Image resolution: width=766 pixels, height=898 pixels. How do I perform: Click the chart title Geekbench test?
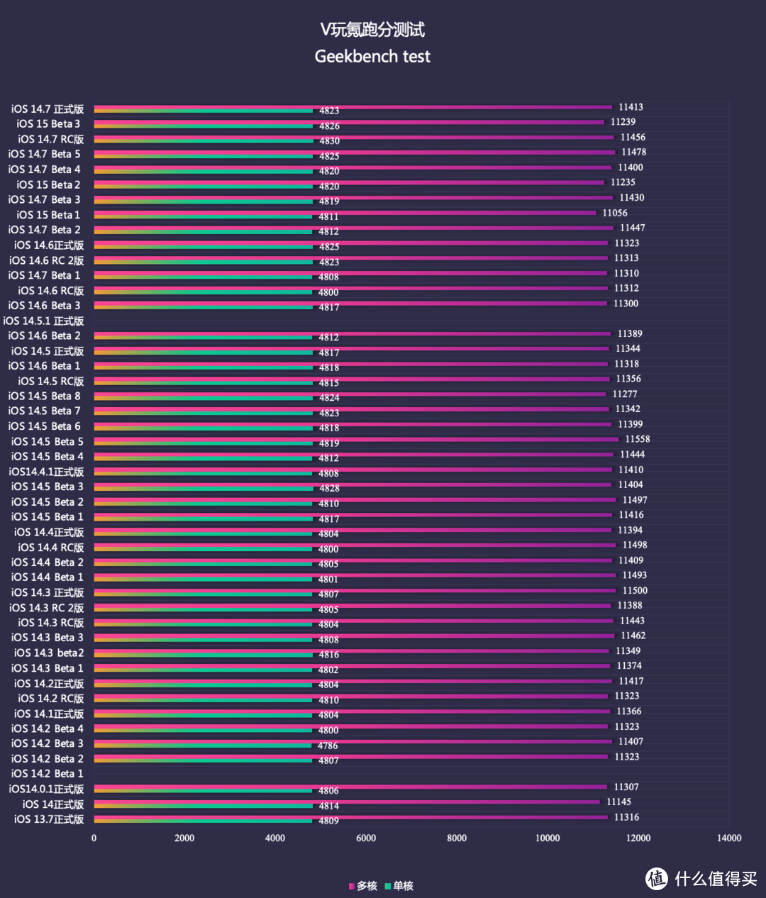tap(372, 57)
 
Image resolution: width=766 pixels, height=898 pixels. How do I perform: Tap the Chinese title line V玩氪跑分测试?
tap(372, 30)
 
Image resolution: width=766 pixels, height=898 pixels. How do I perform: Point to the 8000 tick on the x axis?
tap(457, 838)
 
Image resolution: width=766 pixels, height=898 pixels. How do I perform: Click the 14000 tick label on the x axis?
tap(729, 838)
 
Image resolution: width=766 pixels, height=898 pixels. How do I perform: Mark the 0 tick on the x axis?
tap(94, 838)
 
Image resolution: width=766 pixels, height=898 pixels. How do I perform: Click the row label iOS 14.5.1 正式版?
tap(43, 321)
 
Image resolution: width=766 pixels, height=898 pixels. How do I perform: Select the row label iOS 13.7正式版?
tap(49, 819)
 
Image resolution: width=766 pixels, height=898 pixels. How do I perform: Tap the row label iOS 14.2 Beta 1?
tap(47, 774)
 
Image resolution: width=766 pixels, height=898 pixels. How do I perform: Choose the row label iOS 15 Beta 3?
tap(48, 124)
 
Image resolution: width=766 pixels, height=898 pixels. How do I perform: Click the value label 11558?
tap(638, 440)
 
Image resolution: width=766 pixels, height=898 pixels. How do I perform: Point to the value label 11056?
tap(615, 213)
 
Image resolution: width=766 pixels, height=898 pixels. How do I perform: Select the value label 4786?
tap(328, 745)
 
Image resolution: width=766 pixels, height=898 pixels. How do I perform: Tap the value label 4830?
tap(329, 141)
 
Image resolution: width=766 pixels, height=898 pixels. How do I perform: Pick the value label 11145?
tap(618, 802)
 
